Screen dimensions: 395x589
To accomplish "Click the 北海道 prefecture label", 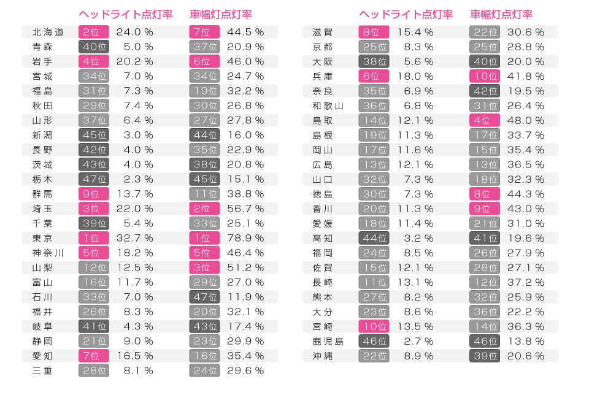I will (48, 32).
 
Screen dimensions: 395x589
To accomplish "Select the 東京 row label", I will (42, 238).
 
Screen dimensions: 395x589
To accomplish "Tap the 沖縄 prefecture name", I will (322, 356).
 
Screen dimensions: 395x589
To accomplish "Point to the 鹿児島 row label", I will (328, 341).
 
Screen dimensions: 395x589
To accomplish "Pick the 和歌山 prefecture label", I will (328, 105).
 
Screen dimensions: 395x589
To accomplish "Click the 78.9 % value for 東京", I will (245, 238).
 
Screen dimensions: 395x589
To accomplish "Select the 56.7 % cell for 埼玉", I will (245, 209).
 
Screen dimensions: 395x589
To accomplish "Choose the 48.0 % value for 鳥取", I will (526, 120).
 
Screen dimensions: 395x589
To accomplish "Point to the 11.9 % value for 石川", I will (245, 297).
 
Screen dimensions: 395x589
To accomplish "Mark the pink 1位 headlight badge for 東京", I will (94, 238).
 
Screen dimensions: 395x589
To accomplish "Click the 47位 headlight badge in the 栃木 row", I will (94, 179).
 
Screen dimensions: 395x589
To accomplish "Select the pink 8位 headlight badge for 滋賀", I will (374, 32).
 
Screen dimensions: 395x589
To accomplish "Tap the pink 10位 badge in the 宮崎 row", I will (374, 326).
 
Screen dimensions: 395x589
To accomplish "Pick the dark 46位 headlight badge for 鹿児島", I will (374, 341).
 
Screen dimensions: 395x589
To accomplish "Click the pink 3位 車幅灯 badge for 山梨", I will (204, 267).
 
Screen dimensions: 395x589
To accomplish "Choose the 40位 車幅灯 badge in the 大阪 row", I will (485, 61).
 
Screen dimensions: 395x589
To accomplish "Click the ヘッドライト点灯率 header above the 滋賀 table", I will (406, 14).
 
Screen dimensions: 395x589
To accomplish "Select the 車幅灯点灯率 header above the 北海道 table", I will (221, 14).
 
